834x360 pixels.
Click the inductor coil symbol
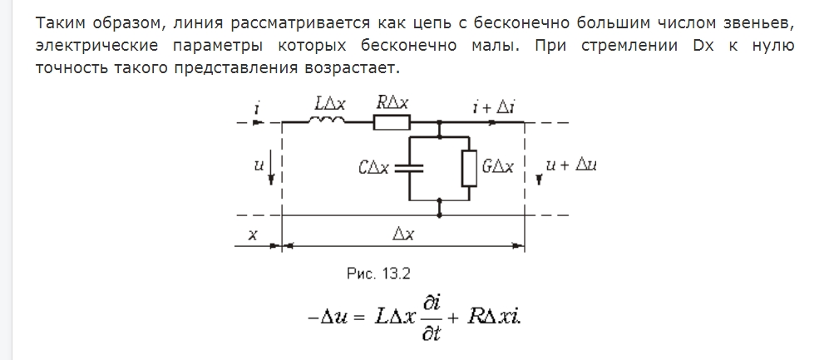coord(325,121)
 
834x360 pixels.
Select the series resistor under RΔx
coord(392,122)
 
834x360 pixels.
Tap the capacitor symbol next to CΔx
coord(409,169)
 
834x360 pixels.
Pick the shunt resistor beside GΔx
coord(469,168)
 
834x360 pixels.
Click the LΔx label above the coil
coord(330,104)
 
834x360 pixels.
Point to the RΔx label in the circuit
coord(393,104)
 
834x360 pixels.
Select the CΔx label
coord(373,169)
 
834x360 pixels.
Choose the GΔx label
coord(498,167)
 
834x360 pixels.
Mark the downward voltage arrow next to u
coord(271,167)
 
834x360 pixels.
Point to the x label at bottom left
coord(253,234)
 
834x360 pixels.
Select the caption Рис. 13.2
coord(378,274)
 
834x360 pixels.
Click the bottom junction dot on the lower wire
coord(439,215)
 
